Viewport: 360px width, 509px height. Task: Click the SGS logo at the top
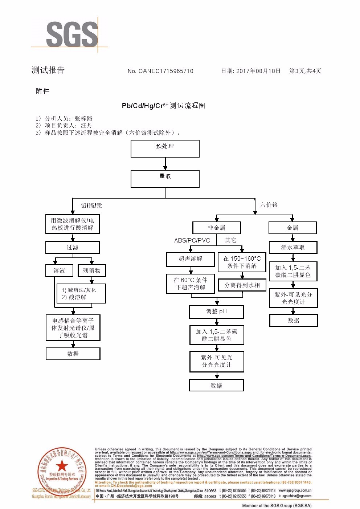coord(72,34)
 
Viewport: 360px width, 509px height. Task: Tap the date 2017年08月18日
coord(258,71)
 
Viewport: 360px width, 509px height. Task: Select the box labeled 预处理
coord(165,148)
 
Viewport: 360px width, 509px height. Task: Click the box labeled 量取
coord(165,179)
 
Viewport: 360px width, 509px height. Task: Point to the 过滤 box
coord(73,248)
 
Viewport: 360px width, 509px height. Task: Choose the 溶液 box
coord(59,271)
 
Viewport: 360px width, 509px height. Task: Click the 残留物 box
coord(92,271)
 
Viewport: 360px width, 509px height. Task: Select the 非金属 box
coord(217,228)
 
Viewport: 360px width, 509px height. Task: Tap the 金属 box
coord(292,228)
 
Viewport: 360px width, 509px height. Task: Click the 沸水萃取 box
coord(293,248)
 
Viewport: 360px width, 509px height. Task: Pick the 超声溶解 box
coord(191,259)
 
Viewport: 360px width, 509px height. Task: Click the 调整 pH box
coord(216,311)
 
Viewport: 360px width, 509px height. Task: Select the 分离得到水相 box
coord(242,285)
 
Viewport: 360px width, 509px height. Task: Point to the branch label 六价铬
coord(269,205)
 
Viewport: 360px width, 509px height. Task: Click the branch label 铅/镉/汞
coord(91,206)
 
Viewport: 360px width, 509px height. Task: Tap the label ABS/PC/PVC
coord(192,240)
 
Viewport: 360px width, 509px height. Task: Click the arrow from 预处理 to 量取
coord(165,164)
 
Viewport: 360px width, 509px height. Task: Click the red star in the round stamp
coord(62,465)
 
